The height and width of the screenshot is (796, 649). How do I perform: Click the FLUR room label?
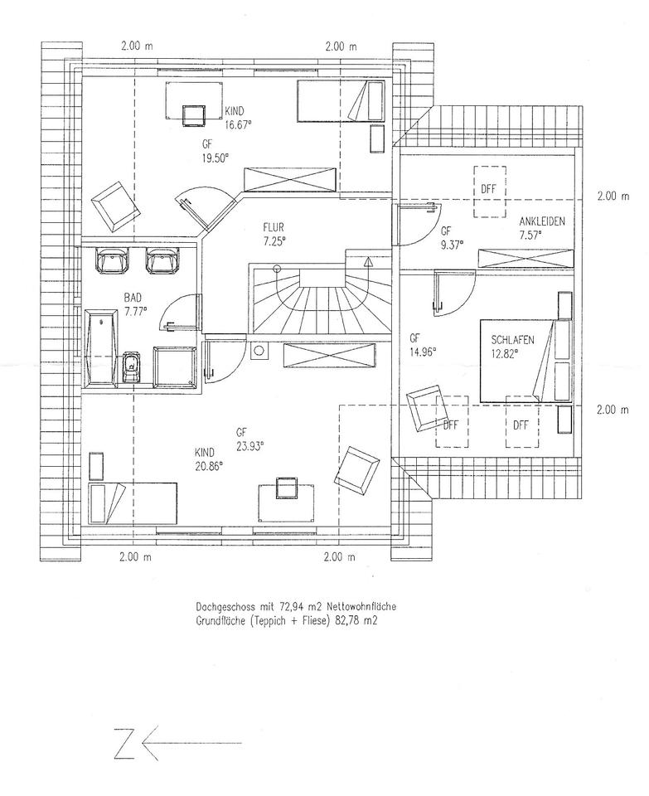(x=274, y=225)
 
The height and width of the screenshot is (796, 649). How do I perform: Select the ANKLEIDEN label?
(x=542, y=221)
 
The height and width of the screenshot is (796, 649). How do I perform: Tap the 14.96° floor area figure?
(x=423, y=351)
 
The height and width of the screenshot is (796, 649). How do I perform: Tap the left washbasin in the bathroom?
(x=112, y=262)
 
